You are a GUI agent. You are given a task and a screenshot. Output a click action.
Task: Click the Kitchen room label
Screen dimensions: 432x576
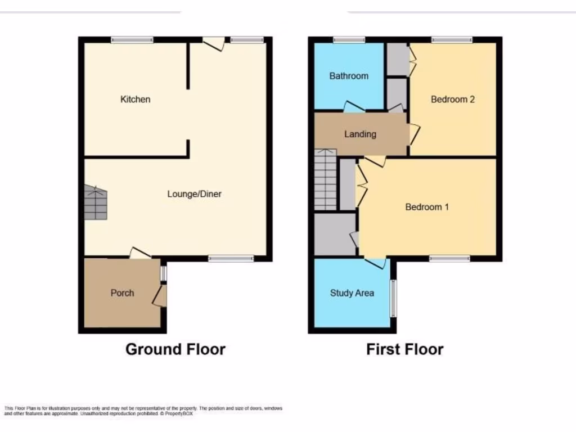tap(136, 100)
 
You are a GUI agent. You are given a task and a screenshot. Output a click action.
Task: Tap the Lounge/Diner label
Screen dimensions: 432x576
tap(195, 194)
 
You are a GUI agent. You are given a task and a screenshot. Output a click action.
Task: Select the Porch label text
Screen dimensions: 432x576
tap(122, 292)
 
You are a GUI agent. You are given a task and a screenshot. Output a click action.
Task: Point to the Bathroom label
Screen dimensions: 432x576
tap(349, 76)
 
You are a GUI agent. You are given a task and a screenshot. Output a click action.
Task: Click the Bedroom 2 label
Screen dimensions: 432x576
tap(453, 100)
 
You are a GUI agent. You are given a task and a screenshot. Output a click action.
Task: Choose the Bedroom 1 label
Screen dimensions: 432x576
tap(427, 207)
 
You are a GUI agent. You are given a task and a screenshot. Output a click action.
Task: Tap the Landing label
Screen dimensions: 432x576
tap(360, 134)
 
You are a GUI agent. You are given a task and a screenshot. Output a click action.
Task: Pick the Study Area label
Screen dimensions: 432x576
tap(352, 292)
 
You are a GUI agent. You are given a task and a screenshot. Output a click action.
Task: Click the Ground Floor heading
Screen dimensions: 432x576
tap(175, 349)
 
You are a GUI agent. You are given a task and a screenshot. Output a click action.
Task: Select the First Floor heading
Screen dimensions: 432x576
tap(405, 349)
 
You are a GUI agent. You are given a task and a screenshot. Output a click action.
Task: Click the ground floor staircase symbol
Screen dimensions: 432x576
tap(96, 202)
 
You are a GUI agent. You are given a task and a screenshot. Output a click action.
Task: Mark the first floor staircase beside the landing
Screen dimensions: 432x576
tap(325, 179)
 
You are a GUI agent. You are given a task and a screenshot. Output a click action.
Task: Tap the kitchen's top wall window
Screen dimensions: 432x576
tap(132, 39)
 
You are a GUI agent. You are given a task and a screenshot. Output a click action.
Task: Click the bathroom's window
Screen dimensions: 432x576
tap(349, 39)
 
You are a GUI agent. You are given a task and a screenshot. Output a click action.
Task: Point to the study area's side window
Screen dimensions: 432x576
tap(393, 298)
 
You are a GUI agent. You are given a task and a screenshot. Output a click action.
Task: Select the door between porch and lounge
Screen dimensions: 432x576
tap(139, 254)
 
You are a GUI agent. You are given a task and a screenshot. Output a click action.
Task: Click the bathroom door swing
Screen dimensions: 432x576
tap(353, 106)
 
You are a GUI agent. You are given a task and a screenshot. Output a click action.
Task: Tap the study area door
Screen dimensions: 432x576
tap(375, 263)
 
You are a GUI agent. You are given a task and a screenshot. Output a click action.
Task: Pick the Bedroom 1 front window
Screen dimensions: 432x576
tap(449, 259)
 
